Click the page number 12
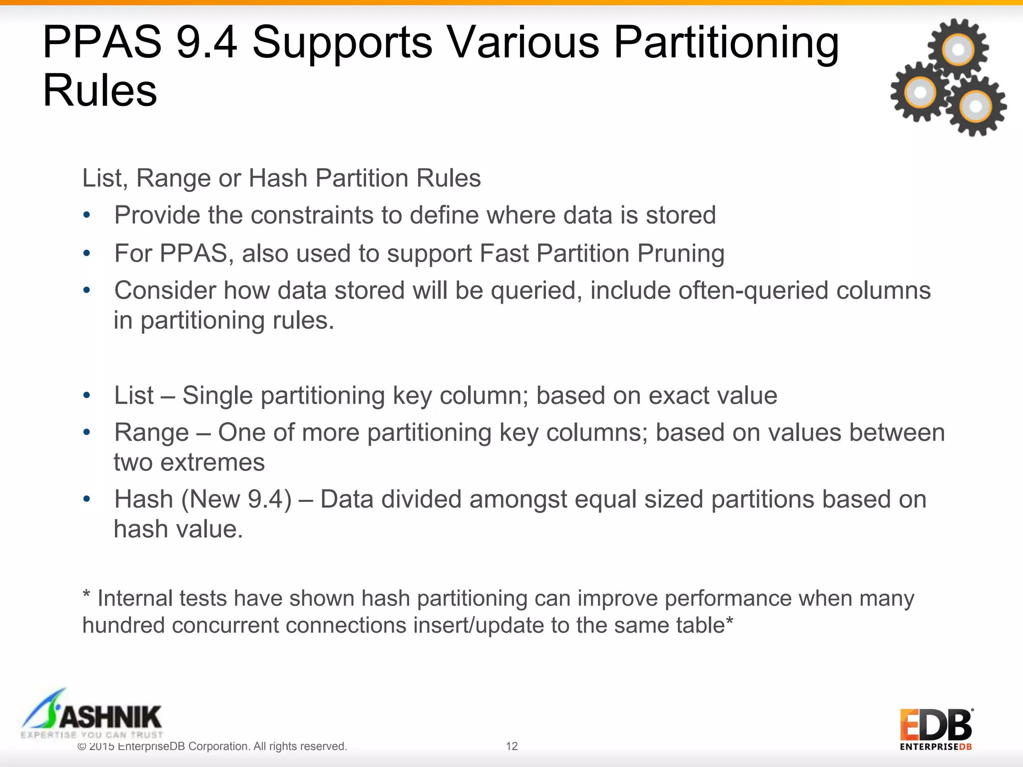[x=511, y=746]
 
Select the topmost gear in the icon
[x=958, y=49]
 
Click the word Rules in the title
[x=100, y=91]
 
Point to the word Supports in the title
[x=342, y=42]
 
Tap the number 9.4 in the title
[x=206, y=42]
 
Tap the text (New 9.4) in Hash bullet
[x=236, y=499]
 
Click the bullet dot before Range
[x=87, y=432]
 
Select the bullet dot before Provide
[x=87, y=216]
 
